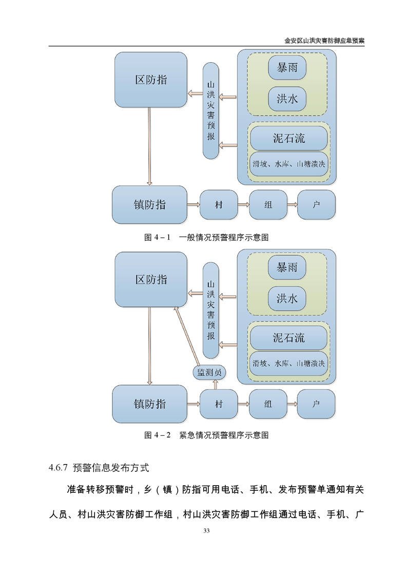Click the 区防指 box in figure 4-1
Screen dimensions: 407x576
click(150, 80)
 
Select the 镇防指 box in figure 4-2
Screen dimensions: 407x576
click(149, 404)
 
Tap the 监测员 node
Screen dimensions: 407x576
click(209, 373)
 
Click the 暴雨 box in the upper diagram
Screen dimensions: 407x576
click(287, 68)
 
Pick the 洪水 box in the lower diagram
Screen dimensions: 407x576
click(287, 298)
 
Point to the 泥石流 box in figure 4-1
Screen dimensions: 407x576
click(289, 138)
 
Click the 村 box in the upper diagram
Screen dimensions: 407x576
click(219, 205)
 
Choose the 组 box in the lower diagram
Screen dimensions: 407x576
click(268, 404)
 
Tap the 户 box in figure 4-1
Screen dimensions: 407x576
click(316, 205)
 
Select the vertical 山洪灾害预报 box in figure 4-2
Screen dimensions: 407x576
click(211, 310)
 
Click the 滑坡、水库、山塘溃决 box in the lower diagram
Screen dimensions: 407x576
click(289, 363)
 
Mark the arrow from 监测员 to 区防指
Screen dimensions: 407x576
click(187, 337)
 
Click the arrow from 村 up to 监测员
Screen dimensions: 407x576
click(215, 385)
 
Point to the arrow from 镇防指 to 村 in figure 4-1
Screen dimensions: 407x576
click(193, 205)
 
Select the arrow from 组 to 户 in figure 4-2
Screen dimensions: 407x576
click(293, 404)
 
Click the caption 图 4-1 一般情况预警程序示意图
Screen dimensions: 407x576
click(206, 237)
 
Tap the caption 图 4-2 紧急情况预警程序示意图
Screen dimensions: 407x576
click(206, 435)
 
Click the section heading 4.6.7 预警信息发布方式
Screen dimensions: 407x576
click(99, 468)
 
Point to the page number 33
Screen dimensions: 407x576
click(206, 530)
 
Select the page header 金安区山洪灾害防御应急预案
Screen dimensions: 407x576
click(324, 41)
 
